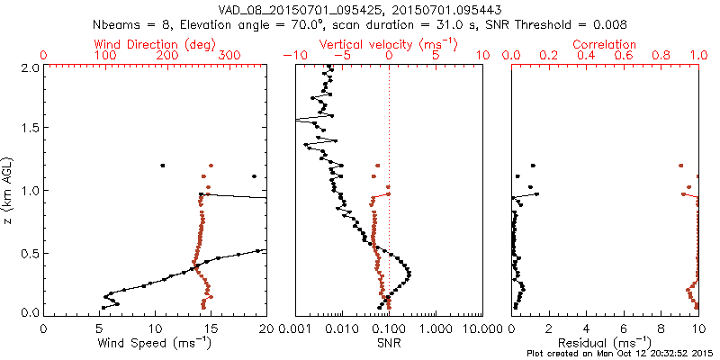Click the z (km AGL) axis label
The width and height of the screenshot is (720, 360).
point(8,189)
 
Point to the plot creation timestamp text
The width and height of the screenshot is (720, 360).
point(620,354)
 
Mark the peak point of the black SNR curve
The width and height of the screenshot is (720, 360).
point(409,273)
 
